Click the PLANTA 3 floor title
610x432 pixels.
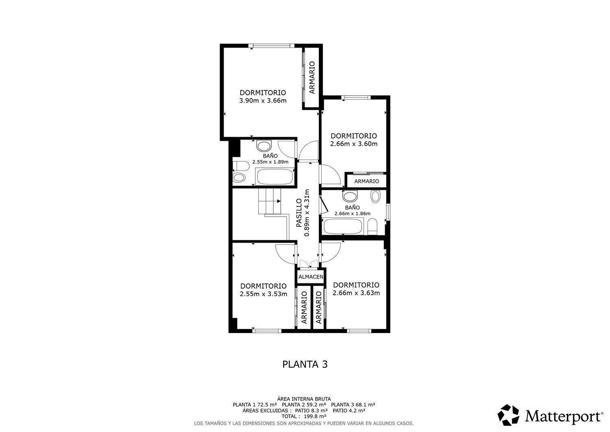point(305,364)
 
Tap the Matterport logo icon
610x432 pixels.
point(508,415)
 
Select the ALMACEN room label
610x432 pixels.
point(311,277)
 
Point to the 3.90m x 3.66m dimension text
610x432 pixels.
point(263,101)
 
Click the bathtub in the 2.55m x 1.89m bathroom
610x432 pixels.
point(274,177)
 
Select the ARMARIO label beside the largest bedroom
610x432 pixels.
point(312,77)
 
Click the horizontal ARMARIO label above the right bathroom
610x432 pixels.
point(366,181)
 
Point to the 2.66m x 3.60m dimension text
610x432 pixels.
point(354,144)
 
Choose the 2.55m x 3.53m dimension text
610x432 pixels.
point(264,294)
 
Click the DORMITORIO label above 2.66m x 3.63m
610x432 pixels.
point(356,285)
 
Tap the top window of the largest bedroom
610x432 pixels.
point(272,46)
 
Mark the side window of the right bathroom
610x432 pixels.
point(388,212)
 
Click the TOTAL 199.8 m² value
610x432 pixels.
point(304,417)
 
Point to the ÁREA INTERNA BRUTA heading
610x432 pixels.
point(304,399)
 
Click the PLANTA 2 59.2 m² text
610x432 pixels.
point(304,405)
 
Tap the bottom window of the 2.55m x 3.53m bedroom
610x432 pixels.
point(267,331)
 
